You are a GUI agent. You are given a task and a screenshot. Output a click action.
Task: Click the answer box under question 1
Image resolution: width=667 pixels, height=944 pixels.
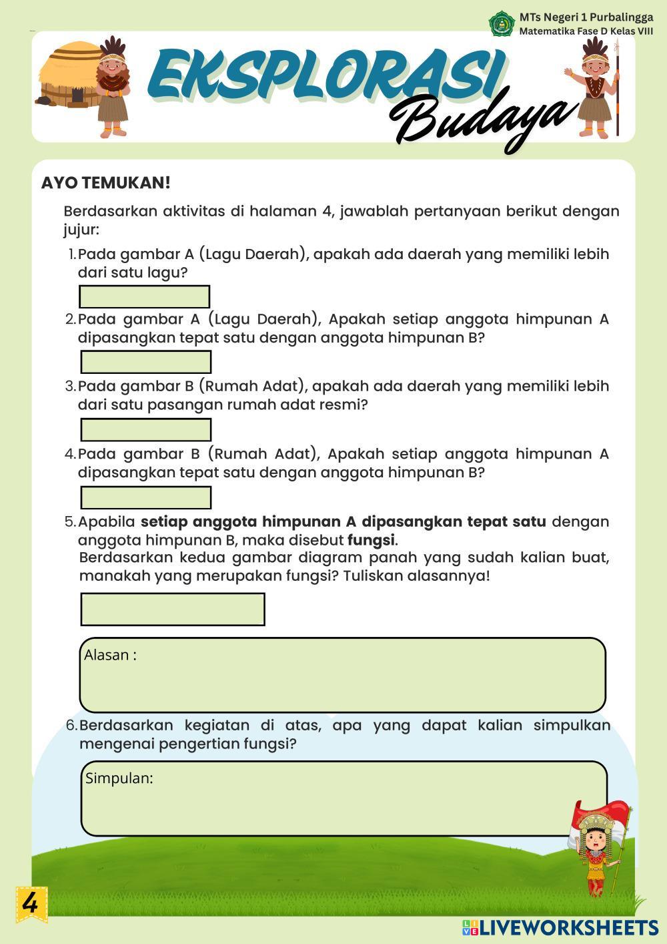pos(144,296)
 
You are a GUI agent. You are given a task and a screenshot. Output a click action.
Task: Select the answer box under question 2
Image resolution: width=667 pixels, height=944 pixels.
pos(145,362)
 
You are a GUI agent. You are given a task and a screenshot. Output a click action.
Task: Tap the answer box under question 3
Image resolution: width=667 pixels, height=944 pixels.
pos(145,429)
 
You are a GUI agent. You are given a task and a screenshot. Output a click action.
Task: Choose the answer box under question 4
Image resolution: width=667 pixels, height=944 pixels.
pos(145,497)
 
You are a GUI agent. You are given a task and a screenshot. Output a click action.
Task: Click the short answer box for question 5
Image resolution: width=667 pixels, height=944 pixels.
pos(172,609)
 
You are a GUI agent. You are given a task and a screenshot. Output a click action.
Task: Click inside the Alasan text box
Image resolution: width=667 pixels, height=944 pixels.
pos(342,675)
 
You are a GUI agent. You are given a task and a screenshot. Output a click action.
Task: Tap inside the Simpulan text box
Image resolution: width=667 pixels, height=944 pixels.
pos(344,798)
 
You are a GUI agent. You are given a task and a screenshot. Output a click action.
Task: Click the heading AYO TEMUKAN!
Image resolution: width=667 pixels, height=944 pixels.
pos(106,183)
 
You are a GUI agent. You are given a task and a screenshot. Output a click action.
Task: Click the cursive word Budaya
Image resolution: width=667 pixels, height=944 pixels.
pos(480,120)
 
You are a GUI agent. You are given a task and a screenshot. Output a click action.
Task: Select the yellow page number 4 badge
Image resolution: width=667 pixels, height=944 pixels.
pos(31,904)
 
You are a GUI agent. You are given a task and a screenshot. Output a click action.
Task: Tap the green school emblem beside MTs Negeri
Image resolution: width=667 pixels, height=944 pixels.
pos(502,23)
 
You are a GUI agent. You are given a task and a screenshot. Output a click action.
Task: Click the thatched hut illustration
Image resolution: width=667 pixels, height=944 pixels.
pos(69,75)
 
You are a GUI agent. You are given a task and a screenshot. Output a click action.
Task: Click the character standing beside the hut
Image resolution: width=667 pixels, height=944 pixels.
pos(113,87)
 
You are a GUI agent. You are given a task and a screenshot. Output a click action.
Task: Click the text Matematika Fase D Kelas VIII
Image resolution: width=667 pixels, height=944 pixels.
pos(586,31)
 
